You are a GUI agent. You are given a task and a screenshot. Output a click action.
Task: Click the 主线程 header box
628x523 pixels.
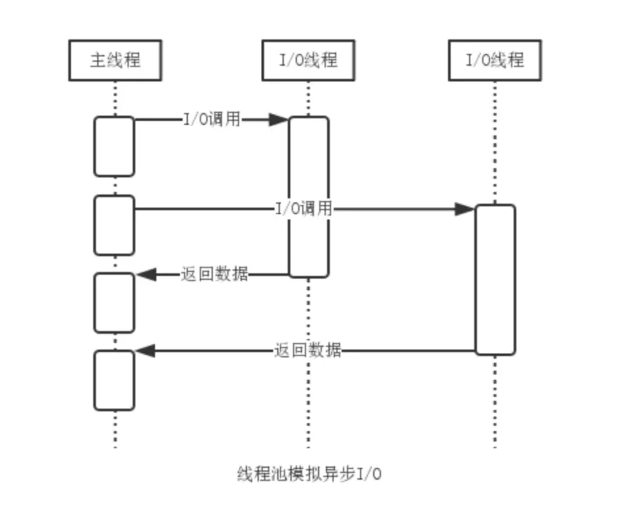pyautogui.click(x=115, y=60)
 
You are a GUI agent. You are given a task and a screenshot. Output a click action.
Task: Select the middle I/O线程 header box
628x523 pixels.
pyautogui.click(x=308, y=60)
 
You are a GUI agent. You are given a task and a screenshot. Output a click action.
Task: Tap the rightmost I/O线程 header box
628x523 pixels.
pyautogui.click(x=495, y=60)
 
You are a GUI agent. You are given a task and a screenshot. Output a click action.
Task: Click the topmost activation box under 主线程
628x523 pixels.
pyautogui.click(x=114, y=147)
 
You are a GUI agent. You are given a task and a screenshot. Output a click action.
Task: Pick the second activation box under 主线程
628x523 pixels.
pyautogui.click(x=114, y=225)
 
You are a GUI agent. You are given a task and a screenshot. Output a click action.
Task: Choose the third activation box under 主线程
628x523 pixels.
pyautogui.click(x=114, y=303)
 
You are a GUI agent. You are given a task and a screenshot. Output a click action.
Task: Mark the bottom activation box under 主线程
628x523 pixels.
pyautogui.click(x=114, y=380)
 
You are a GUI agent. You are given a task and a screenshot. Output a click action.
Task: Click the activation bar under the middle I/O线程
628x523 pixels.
pyautogui.click(x=308, y=197)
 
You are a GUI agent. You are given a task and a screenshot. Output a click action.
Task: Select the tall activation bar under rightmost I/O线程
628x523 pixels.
pyautogui.click(x=495, y=280)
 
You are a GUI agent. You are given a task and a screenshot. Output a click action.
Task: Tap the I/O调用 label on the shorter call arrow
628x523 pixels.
pyautogui.click(x=212, y=120)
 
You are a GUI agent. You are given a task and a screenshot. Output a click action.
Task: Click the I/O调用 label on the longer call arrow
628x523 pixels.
pyautogui.click(x=303, y=210)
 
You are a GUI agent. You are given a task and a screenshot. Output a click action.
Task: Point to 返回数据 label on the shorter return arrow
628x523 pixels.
pyautogui.click(x=215, y=274)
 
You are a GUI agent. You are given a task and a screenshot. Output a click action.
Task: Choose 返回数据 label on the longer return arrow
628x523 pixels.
pyautogui.click(x=307, y=350)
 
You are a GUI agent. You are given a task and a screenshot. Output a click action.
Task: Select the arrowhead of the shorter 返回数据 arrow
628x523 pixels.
pyautogui.click(x=145, y=274)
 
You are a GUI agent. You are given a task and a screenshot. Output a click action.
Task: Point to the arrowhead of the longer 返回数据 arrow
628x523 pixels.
pyautogui.click(x=145, y=351)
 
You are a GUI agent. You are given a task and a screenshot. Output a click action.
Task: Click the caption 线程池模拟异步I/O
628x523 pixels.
pyautogui.click(x=309, y=474)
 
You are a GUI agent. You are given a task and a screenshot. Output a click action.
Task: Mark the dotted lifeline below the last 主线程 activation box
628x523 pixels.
pyautogui.click(x=115, y=430)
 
